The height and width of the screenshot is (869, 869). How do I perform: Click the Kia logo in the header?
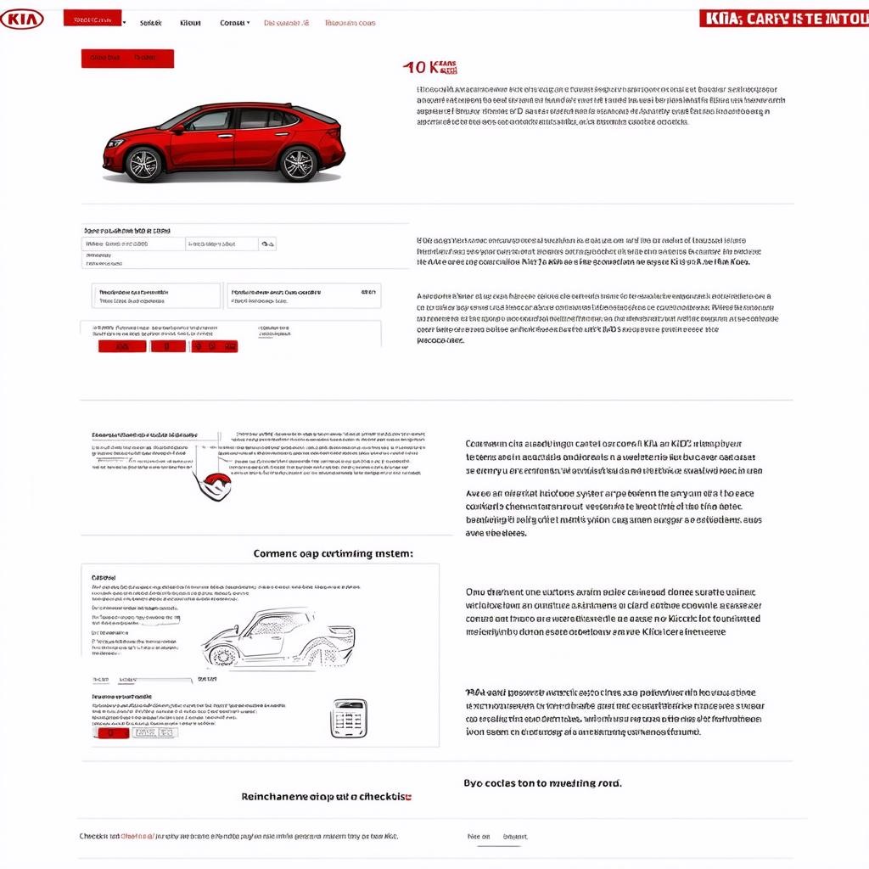tap(22, 18)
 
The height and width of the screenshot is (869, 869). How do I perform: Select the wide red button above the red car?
tap(127, 58)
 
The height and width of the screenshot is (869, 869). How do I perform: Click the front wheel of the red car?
tap(143, 164)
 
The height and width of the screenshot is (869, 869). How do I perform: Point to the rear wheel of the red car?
tap(298, 164)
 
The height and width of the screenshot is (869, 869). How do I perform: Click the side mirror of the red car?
tap(178, 129)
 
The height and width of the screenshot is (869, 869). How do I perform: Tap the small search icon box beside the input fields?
tap(268, 244)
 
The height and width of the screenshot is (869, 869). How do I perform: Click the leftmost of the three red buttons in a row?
tap(122, 346)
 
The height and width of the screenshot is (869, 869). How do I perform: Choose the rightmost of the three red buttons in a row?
tap(215, 346)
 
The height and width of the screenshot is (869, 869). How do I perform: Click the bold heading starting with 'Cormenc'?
tap(334, 553)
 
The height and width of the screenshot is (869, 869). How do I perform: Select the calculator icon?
tap(349, 718)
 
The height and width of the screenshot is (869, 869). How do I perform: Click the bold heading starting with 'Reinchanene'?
tap(327, 797)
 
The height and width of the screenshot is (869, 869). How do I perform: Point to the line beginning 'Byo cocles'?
tap(542, 783)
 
